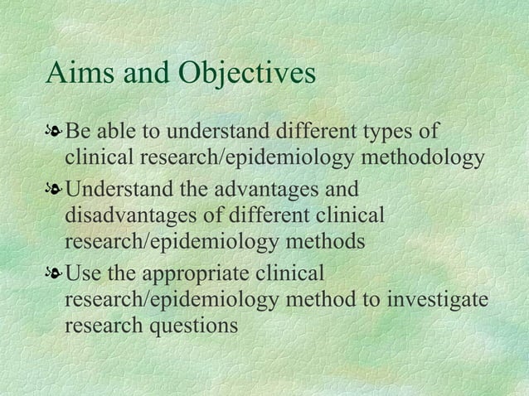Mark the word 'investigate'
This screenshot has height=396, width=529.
coord(439,299)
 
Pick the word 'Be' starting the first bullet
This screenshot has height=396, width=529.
coord(77,133)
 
